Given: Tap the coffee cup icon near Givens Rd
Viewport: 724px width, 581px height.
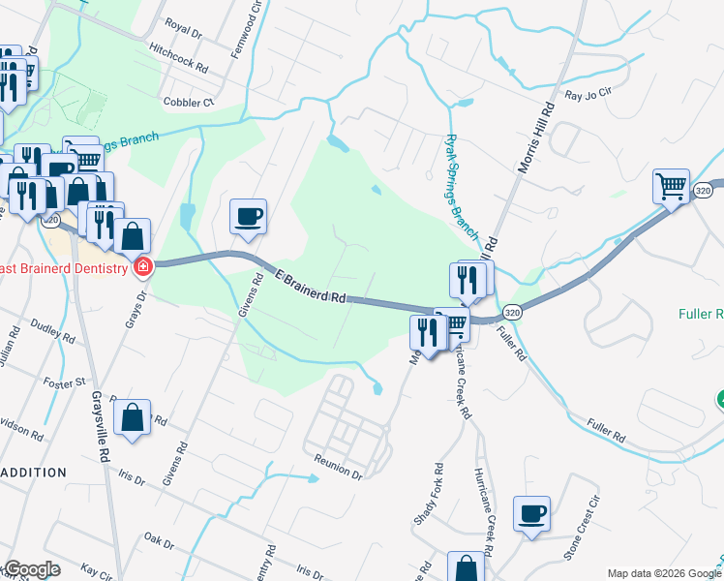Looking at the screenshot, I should pyautogui.click(x=249, y=216).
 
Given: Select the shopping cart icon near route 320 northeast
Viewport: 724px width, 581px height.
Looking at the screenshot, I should pyautogui.click(x=671, y=185).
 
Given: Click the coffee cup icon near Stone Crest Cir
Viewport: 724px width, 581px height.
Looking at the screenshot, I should pyautogui.click(x=531, y=514).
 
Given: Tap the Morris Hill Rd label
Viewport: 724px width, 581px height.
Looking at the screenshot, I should pyautogui.click(x=534, y=135).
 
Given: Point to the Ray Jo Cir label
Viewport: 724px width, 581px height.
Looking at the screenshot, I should pyautogui.click(x=589, y=95).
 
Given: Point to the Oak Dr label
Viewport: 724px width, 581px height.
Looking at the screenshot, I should pyautogui.click(x=157, y=539).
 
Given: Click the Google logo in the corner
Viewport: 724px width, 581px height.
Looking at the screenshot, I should pyautogui.click(x=31, y=569).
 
